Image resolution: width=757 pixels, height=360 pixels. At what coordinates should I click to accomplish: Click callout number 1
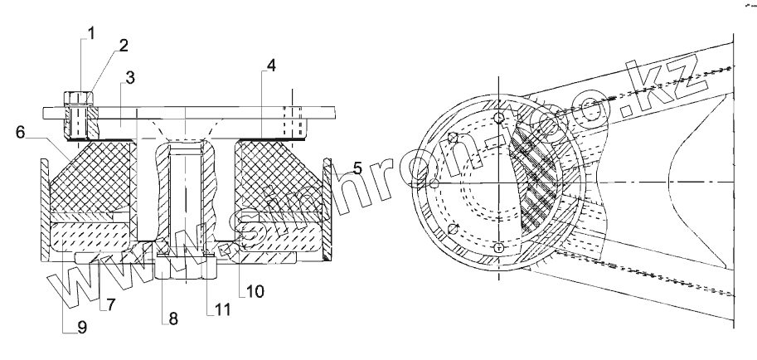click(x=90, y=33)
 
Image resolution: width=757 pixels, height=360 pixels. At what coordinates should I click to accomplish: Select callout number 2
click(x=124, y=46)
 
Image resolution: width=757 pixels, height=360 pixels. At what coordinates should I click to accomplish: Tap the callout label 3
click(x=130, y=78)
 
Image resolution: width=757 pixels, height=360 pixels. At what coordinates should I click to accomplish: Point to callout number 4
click(x=271, y=66)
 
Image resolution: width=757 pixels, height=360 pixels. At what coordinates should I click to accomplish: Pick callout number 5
click(x=357, y=168)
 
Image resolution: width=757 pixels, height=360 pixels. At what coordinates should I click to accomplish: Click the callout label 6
click(x=20, y=132)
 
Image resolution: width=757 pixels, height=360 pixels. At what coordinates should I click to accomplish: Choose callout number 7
click(x=111, y=304)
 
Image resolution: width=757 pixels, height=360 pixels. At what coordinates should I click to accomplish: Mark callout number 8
click(x=172, y=319)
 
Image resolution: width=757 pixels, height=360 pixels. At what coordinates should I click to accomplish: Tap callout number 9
click(x=82, y=328)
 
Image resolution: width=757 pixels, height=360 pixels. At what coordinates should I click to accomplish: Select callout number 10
click(x=255, y=291)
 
